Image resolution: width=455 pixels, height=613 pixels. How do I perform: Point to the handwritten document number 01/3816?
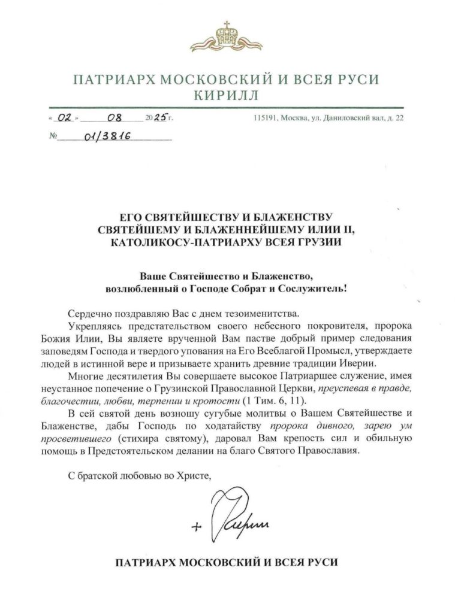103,136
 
